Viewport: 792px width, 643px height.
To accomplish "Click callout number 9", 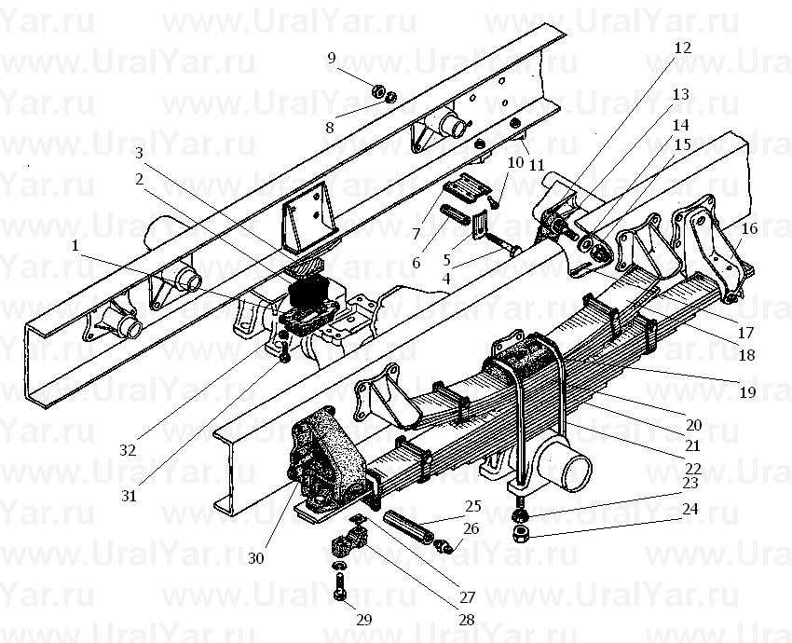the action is click(x=331, y=58).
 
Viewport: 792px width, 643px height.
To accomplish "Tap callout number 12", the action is click(x=682, y=48).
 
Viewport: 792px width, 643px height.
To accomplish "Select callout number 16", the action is click(x=749, y=228).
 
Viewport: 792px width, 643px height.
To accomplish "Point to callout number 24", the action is click(x=690, y=509).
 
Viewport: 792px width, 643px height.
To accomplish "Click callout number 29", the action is click(x=364, y=620).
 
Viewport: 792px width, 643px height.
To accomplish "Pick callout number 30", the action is click(x=256, y=558).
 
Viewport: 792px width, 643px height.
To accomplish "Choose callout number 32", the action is click(x=128, y=449).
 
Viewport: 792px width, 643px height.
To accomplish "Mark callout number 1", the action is click(x=75, y=246).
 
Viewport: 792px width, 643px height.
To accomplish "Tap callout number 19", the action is click(x=748, y=391).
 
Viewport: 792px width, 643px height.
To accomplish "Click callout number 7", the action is click(x=416, y=234).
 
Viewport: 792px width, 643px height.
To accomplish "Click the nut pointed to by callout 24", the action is click(x=521, y=533).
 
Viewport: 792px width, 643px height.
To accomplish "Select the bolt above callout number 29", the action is click(x=339, y=587).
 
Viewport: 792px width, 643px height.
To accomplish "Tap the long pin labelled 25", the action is click(x=408, y=527).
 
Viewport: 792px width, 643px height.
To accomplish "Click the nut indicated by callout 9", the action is click(x=377, y=91).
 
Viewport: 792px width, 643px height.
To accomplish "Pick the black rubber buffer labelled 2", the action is click(x=308, y=293).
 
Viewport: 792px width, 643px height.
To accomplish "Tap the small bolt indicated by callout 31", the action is click(x=284, y=350).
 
